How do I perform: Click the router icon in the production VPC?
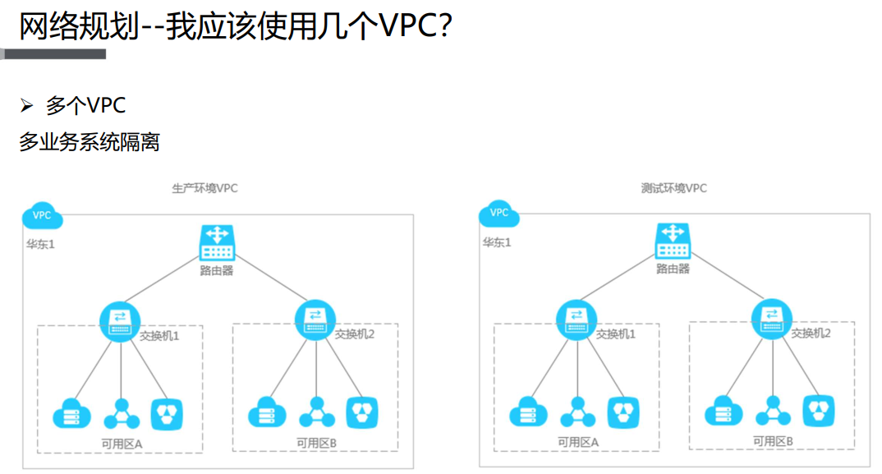217,243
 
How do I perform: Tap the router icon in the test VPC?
673,243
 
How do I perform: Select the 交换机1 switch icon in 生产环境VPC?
121,321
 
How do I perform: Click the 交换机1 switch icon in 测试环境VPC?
577,321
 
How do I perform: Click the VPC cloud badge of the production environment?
42,216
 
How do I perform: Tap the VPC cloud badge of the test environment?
498,214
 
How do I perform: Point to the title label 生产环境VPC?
204,188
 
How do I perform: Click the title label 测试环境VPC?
673,188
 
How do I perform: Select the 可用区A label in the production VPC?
122,443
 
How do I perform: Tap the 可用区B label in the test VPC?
773,441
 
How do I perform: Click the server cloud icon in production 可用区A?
71,413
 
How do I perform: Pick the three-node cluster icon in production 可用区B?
316,412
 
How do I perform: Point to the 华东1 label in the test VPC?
496,242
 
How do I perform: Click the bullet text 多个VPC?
85,105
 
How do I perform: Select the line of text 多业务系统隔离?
89,142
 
